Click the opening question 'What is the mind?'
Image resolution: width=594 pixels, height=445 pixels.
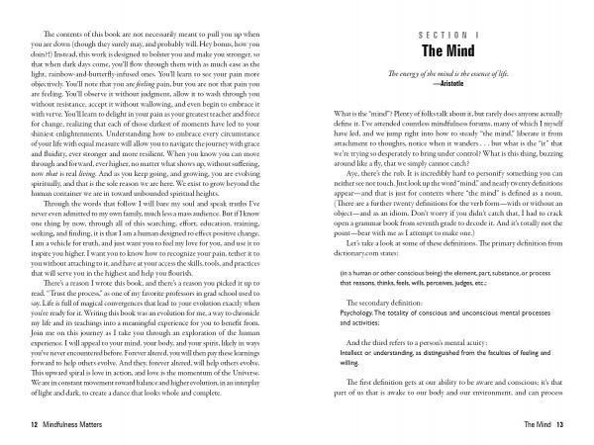click(338, 115)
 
